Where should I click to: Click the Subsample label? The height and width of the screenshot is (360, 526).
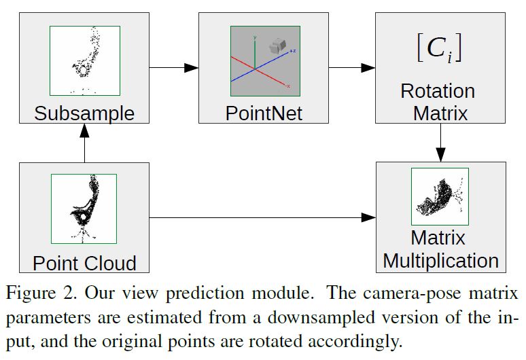coord(84,113)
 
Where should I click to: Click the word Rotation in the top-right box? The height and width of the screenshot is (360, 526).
coord(438,91)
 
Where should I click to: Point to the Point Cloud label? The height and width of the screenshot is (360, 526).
coord(84,263)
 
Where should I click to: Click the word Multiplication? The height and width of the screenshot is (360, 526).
coord(440,260)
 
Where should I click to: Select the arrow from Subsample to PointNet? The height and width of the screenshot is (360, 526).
coord(173,67)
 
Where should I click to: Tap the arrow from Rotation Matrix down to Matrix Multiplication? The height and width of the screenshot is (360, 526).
coord(441,142)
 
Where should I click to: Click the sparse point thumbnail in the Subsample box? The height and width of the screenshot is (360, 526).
coord(84,60)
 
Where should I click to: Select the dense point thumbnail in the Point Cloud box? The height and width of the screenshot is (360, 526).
coord(84,209)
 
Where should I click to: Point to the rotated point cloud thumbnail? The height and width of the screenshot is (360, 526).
coord(440,197)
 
